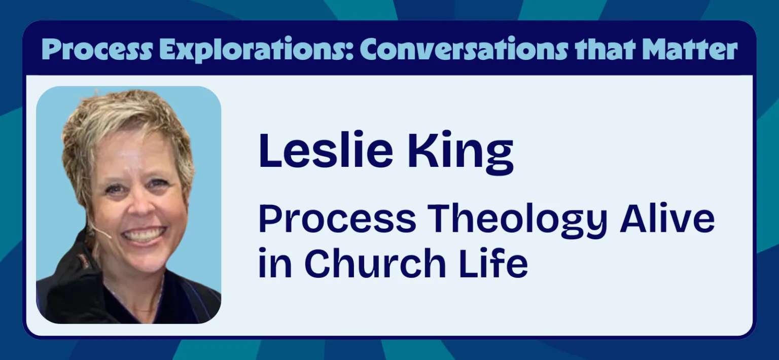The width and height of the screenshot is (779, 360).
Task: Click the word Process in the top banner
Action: (97, 50)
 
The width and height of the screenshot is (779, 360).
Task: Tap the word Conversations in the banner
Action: (464, 49)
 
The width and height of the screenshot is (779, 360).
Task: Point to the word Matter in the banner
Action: (690, 50)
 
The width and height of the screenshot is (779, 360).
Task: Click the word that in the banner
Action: (605, 50)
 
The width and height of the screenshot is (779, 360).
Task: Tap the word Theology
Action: (517, 220)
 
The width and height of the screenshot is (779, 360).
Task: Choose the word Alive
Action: (667, 218)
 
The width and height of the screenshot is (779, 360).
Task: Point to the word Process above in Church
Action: (337, 218)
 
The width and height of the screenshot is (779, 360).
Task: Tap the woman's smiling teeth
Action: (144, 235)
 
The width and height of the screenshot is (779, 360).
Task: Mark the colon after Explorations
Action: (354, 52)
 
